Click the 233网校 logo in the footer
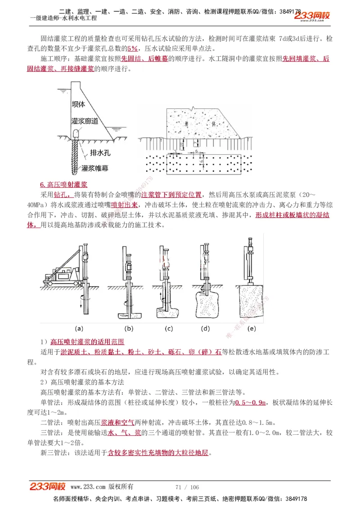[48, 487]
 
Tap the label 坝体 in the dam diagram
[78, 104]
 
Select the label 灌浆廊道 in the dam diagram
[85, 121]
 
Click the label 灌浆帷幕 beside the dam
[95, 168]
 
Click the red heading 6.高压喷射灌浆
[63, 185]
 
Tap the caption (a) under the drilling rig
[79, 328]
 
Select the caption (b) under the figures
[129, 328]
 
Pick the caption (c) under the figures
[169, 328]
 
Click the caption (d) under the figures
[206, 328]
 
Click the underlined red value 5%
[132, 49]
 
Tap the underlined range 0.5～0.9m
[251, 402]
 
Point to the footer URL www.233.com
[88, 487]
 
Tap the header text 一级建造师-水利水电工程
[63, 18]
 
